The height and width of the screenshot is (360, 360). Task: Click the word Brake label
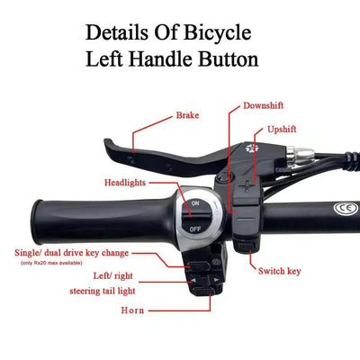[188, 115]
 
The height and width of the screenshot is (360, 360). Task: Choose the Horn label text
[132, 310]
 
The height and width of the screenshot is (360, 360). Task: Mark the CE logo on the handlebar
[343, 211]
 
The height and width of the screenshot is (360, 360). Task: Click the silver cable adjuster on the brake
[300, 154]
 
